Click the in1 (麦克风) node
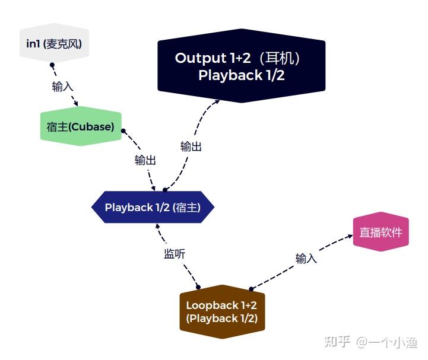pyautogui.click(x=54, y=43)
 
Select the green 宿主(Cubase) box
pyautogui.click(x=80, y=126)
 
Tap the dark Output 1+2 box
pyautogui.click(x=241, y=66)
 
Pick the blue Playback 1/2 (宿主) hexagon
pyautogui.click(x=152, y=208)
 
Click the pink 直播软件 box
pyautogui.click(x=381, y=232)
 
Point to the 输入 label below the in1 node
pyautogui.click(x=62, y=87)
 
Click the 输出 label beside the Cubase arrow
pyautogui.click(x=145, y=160)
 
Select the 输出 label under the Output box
pyautogui.click(x=191, y=146)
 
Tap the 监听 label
pyautogui.click(x=175, y=254)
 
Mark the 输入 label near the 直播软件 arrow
pyautogui.click(x=306, y=259)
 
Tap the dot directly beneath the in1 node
pyautogui.click(x=52, y=64)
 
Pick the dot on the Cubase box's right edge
pyautogui.click(x=123, y=130)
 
